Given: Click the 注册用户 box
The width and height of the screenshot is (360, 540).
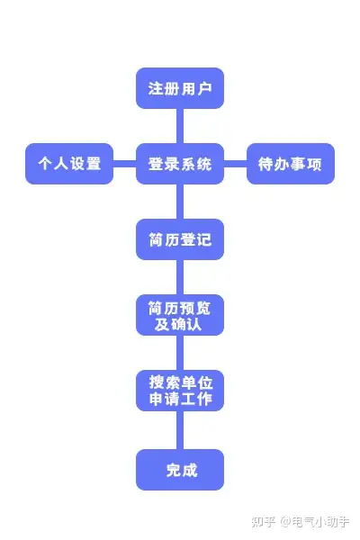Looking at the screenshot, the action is [x=180, y=88].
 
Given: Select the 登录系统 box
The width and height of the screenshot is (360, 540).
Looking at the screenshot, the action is [x=180, y=164].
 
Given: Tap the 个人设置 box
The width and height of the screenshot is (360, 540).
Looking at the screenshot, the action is [x=69, y=164].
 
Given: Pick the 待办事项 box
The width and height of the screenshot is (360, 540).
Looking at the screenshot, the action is [x=291, y=164].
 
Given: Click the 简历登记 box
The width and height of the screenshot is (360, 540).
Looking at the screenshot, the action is [x=180, y=239].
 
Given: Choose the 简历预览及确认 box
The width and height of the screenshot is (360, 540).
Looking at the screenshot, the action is [x=180, y=315].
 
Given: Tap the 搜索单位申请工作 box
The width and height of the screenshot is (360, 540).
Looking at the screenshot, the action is [x=180, y=391].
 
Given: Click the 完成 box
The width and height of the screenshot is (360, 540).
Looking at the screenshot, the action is [x=180, y=470].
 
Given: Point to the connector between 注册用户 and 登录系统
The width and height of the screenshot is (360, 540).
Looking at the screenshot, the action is [x=180, y=126].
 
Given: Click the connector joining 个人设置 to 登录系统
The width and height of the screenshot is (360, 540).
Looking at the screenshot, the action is [x=125, y=164].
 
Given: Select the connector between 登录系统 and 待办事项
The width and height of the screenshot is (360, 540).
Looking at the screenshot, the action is [x=235, y=164].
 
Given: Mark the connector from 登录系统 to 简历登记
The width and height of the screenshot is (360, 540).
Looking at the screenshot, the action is [x=180, y=202].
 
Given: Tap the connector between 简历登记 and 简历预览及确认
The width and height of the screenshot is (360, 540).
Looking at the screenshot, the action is [x=180, y=277].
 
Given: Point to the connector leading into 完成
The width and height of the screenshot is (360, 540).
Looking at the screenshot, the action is [x=180, y=430].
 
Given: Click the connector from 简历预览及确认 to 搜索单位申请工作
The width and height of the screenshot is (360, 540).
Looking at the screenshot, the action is [x=180, y=353].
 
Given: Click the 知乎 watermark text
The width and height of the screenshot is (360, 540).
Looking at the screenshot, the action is [x=263, y=522].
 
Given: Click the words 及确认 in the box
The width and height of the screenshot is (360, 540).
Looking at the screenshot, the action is [x=178, y=324].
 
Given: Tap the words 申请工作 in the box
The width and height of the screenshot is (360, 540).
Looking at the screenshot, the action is [x=181, y=399].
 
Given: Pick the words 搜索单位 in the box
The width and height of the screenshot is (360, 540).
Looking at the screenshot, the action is [x=181, y=382].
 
